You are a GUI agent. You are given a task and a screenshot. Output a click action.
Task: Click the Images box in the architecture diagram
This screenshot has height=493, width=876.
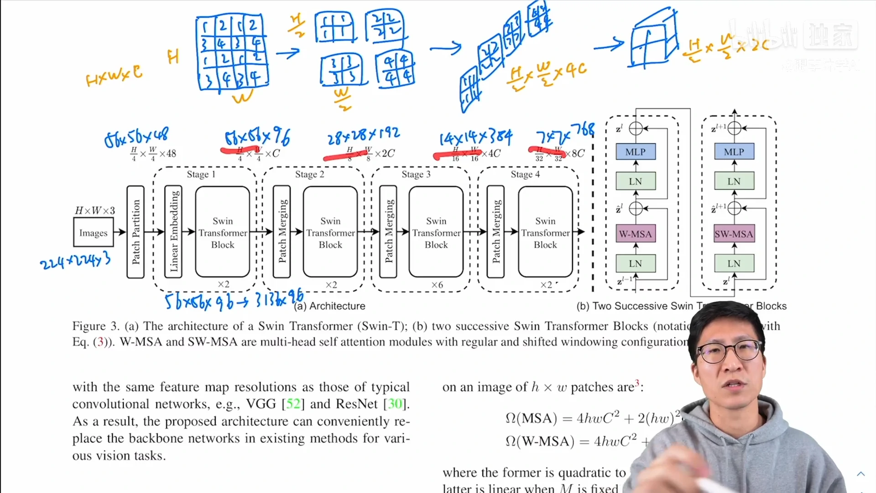tap(93, 232)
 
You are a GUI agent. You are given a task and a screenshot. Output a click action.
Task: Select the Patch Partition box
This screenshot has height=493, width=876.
tap(136, 232)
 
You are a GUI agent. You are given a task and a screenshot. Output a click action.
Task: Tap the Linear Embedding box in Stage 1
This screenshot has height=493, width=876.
tap(174, 232)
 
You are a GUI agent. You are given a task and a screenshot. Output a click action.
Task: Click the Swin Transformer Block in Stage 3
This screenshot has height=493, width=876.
tap(436, 232)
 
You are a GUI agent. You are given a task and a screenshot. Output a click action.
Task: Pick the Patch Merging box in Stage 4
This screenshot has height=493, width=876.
tap(496, 232)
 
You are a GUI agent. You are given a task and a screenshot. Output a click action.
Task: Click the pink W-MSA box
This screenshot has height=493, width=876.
tap(635, 234)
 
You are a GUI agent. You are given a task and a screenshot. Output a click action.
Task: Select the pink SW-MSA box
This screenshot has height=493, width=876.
tap(734, 234)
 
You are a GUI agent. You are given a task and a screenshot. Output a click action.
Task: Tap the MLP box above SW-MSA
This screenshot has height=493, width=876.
tap(734, 152)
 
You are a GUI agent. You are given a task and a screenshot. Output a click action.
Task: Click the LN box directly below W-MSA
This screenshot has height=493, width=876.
tap(635, 263)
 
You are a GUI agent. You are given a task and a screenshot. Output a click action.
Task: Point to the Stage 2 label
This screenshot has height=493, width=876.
tap(309, 174)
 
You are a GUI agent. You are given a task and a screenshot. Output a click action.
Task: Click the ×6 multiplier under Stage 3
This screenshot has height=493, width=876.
tap(437, 285)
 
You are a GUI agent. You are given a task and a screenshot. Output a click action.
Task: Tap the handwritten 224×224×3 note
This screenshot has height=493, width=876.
tap(75, 261)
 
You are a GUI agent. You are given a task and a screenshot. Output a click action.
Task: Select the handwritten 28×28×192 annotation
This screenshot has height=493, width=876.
tap(363, 135)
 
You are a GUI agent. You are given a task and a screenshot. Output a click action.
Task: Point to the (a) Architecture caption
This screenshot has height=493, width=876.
tap(329, 306)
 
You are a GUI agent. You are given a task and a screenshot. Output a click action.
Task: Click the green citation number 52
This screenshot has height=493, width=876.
tap(293, 404)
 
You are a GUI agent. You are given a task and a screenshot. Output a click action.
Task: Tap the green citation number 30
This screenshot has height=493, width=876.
tap(395, 404)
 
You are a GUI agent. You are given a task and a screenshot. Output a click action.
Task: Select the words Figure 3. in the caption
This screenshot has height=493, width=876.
tap(95, 326)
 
